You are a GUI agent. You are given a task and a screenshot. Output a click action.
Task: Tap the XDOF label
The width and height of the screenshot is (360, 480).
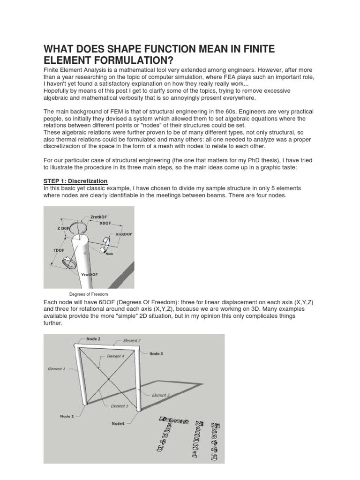(106, 224)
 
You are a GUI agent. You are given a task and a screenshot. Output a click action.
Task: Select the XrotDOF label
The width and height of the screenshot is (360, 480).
(124, 233)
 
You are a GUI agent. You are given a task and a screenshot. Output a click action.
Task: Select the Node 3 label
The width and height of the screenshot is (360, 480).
(156, 354)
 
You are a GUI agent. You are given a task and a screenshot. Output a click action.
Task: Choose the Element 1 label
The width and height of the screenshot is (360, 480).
(57, 369)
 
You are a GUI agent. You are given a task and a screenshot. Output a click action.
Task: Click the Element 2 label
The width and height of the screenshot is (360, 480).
(132, 340)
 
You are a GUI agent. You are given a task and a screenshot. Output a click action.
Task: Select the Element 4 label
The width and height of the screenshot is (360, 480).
(116, 356)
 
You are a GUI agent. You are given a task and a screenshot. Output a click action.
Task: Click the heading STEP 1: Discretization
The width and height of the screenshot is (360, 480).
(75, 181)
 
